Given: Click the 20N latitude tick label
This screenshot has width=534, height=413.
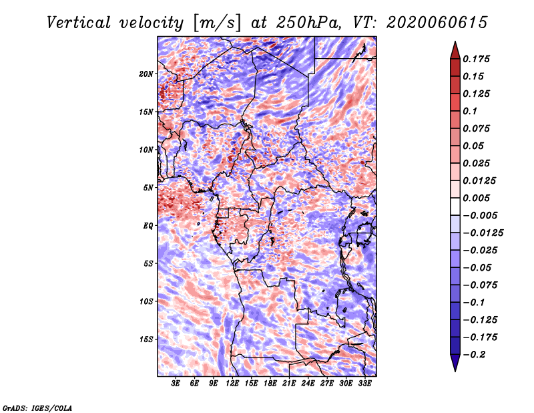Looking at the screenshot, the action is coord(146,74).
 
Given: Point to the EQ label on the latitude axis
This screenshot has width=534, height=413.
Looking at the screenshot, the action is coord(148,226).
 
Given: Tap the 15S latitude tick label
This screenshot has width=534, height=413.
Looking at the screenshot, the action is coord(146,339).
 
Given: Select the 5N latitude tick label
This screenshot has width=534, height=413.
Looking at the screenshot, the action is coord(148,188).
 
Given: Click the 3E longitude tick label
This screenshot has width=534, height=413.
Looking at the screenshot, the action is coord(176,384).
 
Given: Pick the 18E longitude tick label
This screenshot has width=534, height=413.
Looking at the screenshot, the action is coord(270,384).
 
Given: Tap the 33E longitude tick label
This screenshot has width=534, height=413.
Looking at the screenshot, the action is coord(364,384).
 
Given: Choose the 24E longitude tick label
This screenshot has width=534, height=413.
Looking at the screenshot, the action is coord(308,384).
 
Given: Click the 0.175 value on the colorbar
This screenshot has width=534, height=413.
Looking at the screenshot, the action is coord(476,59).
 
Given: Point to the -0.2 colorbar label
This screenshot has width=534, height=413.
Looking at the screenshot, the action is coord(474,355).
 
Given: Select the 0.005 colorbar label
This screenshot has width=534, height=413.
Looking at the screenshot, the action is coord(476,198).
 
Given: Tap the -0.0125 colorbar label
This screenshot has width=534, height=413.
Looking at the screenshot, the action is coord(483,233).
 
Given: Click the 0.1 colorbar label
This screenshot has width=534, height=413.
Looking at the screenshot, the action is coord(470,111).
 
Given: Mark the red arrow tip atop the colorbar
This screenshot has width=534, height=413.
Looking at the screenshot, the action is coord(455,41).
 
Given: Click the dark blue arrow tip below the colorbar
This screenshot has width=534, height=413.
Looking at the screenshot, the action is coord(455,371).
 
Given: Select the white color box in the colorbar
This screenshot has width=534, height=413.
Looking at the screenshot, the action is coord(455,206).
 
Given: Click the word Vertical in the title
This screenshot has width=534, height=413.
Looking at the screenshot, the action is coord(79,23).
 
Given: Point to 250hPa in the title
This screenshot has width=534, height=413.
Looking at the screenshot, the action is coord(308,23).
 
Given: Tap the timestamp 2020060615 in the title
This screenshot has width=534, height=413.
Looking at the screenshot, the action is coord(437,23).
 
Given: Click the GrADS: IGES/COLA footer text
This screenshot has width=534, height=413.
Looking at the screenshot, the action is coord(37,408).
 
